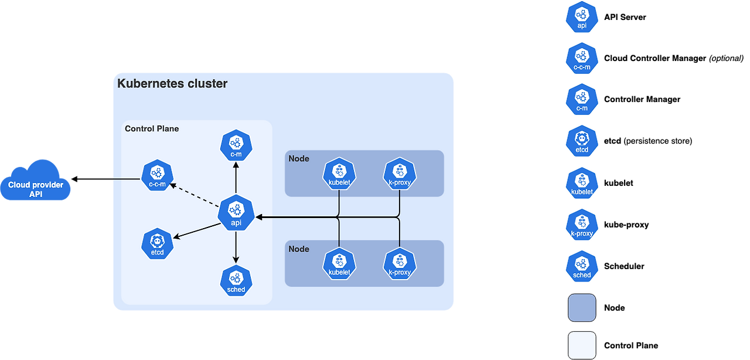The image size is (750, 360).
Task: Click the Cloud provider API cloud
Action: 36,182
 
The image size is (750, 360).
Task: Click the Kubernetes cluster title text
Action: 172,83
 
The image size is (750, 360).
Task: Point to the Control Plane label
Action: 152,128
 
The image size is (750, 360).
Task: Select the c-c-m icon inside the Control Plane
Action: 157,175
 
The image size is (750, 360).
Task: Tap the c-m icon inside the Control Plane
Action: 236,146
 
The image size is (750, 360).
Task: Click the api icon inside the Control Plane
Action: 236,212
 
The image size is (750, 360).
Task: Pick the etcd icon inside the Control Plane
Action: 157,243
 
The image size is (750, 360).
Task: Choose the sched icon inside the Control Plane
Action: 236,280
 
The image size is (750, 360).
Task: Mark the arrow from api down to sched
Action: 236,247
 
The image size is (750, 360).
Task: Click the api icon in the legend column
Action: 582,17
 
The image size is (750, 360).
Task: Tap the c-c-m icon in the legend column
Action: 582,59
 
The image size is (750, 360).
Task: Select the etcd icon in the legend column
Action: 582,141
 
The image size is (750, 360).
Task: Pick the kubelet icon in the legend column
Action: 582,183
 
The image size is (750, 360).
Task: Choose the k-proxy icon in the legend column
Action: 582,225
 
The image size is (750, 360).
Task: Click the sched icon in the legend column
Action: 582,266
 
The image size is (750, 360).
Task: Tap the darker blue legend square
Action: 582,308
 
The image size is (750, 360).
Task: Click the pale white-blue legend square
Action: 582,345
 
